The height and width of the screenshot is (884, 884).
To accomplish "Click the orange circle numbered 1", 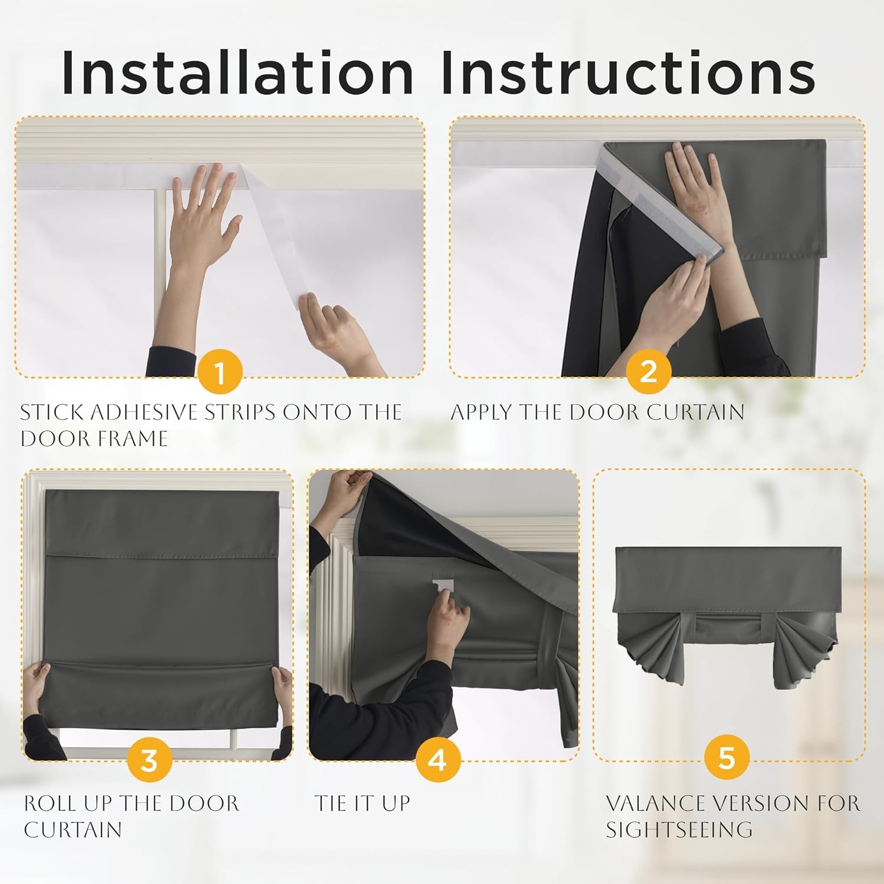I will coord(220,372).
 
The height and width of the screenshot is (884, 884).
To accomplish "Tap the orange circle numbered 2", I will coord(648,371).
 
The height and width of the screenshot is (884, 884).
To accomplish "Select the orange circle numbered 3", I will coord(150,760).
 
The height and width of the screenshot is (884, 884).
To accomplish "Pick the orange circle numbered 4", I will coord(437,760).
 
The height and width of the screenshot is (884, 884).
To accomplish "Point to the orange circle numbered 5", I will coord(727,757).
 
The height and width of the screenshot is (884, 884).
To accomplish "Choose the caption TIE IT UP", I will coord(362,803).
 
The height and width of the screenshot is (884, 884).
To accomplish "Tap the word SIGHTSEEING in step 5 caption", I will coord(679,830).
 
